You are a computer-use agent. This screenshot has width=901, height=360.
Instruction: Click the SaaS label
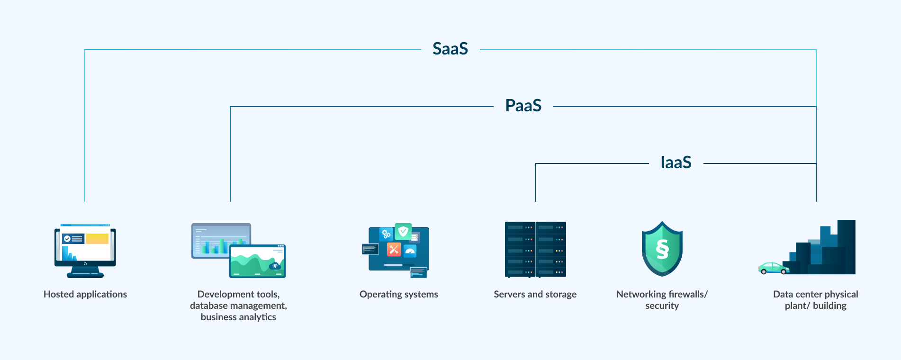tap(450, 49)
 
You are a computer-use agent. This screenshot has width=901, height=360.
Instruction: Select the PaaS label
tap(523, 106)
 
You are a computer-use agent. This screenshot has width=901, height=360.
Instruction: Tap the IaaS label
tap(676, 162)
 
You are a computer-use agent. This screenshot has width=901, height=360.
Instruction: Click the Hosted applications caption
tap(85, 294)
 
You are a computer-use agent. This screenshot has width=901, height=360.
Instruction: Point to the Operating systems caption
tap(398, 294)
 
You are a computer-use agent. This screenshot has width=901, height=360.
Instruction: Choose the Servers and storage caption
tap(535, 294)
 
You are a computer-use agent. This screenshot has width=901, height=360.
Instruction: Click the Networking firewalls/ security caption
tap(662, 300)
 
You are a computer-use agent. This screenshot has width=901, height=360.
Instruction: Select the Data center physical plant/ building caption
tap(815, 300)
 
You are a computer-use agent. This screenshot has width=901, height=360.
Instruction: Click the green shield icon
tap(662, 249)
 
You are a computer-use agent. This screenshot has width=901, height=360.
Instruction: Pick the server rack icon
tap(535, 249)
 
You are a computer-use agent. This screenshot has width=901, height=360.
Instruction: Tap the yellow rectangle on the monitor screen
tap(97, 238)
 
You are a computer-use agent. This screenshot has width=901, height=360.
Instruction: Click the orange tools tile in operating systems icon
tap(394, 249)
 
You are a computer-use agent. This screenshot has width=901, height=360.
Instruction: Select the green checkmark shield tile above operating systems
tap(403, 231)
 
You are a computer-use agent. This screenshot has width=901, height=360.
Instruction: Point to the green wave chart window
tap(257, 261)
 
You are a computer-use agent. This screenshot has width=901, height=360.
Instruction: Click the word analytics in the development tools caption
tap(257, 317)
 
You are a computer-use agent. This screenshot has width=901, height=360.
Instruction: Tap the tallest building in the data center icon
tap(846, 246)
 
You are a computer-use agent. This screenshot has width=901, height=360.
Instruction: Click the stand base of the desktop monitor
tap(85, 275)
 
